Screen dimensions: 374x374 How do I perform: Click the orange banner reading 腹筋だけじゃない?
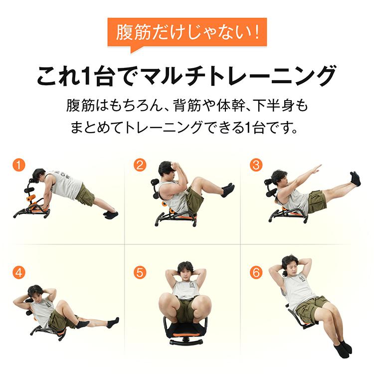[187, 34]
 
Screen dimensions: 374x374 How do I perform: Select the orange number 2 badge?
[140, 165]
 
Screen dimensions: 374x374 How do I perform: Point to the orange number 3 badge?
[256, 165]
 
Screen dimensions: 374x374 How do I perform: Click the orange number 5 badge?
[140, 272]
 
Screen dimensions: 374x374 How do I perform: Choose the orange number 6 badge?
[256, 272]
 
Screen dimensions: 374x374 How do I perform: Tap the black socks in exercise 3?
[355, 179]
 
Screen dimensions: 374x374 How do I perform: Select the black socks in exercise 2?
[228, 189]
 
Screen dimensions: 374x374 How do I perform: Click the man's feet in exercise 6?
[343, 347]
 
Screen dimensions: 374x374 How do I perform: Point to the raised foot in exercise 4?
[113, 322]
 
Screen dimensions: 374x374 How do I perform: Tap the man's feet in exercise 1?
[111, 214]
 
